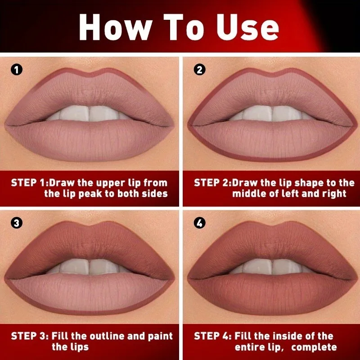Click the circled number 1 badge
[16, 70]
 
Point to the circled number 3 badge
[16, 223]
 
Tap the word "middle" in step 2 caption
[250, 194]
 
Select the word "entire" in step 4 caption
[251, 347]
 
